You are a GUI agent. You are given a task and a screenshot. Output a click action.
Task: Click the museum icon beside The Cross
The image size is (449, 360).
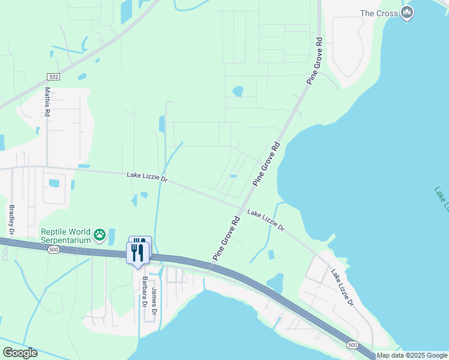coord(408,13)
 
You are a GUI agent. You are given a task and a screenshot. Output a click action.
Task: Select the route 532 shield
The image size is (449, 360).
coord(52,77)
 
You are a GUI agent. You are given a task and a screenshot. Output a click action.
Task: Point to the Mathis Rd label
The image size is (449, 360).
coord(47,101)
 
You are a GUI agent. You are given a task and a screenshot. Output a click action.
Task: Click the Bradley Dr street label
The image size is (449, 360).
coord(11,219)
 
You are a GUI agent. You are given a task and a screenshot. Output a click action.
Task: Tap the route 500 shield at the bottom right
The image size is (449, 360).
coord(352,345)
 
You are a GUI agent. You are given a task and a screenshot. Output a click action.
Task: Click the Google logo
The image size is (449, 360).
coord(20,353)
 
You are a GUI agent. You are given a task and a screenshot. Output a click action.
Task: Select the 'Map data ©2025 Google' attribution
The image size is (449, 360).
coord(412,355)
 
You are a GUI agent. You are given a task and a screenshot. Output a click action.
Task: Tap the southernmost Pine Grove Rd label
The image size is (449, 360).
coord(226,238)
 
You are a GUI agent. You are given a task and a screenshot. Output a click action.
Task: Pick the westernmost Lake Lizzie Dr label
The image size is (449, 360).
coord(147,178)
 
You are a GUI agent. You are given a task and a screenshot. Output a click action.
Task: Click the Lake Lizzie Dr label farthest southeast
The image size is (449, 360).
coord(342,287)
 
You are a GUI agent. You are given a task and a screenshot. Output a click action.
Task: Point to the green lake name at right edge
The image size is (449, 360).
coord(442,199)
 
